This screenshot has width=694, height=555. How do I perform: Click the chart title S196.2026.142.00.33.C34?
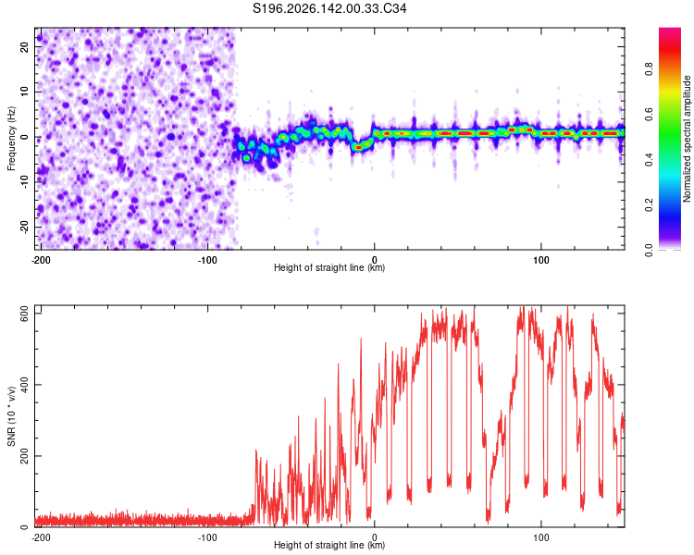(x=329, y=8)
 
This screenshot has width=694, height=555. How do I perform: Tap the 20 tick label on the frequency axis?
(x=25, y=46)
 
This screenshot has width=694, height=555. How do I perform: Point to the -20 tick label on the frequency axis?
(x=25, y=228)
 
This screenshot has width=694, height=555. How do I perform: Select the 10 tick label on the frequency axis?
(x=25, y=92)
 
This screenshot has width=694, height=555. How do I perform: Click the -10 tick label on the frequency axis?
(x=25, y=182)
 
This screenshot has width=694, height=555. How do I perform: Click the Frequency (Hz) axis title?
(x=11, y=139)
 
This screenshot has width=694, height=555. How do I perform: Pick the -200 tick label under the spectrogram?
(x=41, y=260)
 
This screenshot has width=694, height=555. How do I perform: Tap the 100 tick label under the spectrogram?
(x=541, y=260)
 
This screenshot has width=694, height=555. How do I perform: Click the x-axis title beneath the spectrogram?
(x=329, y=267)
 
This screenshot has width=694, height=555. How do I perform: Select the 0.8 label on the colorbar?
(x=649, y=69)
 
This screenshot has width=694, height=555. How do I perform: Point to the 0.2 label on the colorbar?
(x=649, y=205)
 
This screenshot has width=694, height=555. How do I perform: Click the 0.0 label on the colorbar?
(x=649, y=250)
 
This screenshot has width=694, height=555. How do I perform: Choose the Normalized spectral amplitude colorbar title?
(x=687, y=139)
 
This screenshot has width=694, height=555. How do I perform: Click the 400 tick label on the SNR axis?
(x=25, y=384)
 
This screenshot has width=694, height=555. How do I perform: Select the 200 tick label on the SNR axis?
(x=25, y=456)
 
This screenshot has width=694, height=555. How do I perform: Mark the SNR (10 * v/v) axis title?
(x=11, y=416)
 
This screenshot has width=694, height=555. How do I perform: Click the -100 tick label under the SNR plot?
(x=207, y=537)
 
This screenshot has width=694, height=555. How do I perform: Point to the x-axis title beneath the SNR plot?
(x=329, y=545)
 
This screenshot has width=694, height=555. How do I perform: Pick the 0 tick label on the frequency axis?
(x=25, y=137)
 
